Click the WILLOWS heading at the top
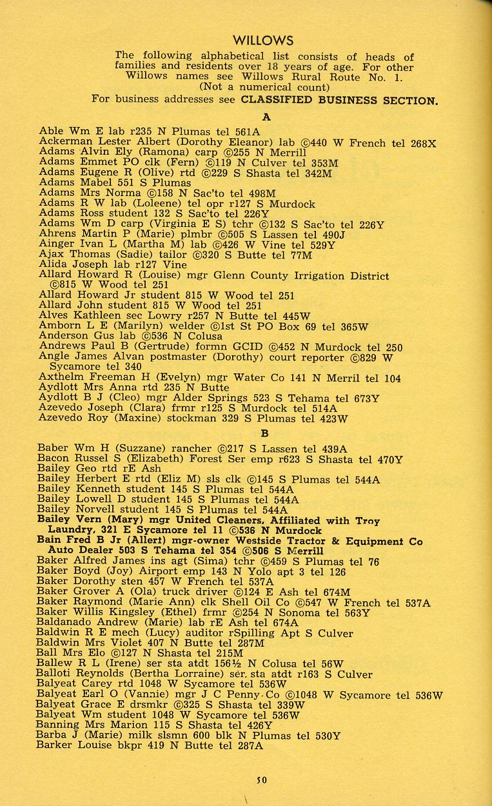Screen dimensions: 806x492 [x=262, y=41]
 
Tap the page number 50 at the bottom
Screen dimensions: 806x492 [x=261, y=780]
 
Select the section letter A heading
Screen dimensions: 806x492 [x=266, y=117]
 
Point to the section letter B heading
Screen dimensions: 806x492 [x=264, y=433]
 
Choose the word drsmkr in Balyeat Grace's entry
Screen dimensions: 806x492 [x=148, y=705]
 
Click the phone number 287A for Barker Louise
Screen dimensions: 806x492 [x=250, y=745]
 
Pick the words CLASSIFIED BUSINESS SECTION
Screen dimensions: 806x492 [x=339, y=101]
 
